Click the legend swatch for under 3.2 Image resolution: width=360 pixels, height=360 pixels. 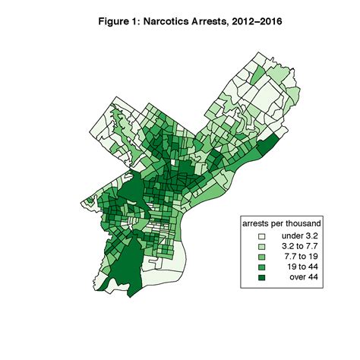pyautogui.click(x=261, y=238)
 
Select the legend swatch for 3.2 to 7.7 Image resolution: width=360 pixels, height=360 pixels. pyautogui.click(x=261, y=248)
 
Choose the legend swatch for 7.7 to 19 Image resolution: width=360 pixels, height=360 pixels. pyautogui.click(x=261, y=258)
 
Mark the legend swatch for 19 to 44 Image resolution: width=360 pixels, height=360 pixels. pyautogui.click(x=261, y=268)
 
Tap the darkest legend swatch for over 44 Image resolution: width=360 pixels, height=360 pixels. pyautogui.click(x=261, y=278)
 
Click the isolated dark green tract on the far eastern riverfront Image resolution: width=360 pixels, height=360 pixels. pyautogui.click(x=269, y=143)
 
